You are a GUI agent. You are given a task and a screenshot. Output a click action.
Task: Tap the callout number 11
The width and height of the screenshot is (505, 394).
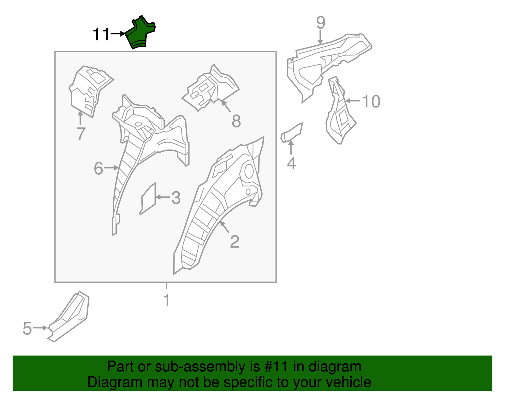coord(101,34)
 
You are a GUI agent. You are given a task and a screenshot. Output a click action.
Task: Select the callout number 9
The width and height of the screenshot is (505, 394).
coord(321,23)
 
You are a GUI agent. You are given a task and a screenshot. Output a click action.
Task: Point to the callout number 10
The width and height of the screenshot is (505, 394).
coord(371,102)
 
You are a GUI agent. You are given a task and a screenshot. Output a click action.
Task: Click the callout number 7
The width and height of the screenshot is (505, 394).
coord(81,134)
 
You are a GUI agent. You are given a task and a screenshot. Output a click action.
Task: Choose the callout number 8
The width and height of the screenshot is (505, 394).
coord(236,121)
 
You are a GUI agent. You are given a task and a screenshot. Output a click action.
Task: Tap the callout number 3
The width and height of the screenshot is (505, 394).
coord(176,198)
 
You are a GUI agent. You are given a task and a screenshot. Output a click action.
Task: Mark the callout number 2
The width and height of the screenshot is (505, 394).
coord(235,242)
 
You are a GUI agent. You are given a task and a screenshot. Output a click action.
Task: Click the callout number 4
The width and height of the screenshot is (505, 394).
coord(291,163)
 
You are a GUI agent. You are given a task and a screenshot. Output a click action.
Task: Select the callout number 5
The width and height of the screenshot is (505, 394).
coord(27,328)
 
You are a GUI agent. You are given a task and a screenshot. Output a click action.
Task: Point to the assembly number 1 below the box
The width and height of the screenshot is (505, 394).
coord(167,300)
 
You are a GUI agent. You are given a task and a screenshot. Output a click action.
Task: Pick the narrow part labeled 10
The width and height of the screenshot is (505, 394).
coord(339,114)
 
